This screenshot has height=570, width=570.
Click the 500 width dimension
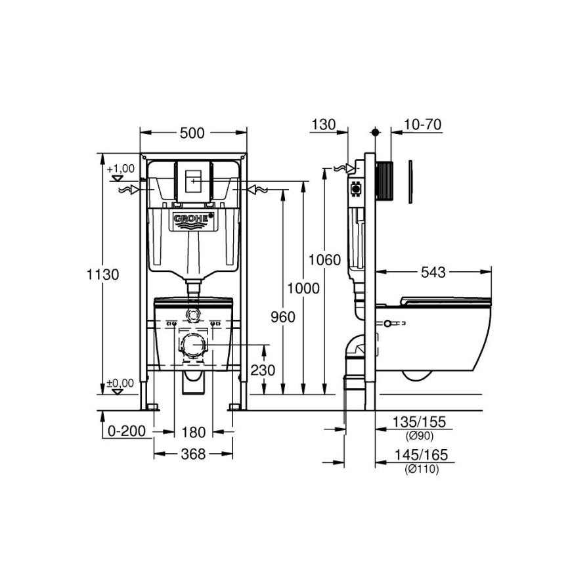point(192,133)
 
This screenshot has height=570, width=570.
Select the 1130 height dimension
point(102,274)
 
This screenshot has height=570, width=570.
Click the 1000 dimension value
point(303,288)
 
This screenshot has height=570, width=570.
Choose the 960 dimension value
point(282,317)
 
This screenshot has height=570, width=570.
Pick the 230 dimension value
point(263,370)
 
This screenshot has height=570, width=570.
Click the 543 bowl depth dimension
point(435,272)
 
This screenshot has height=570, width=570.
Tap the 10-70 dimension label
point(423,125)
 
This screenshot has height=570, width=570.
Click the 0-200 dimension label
point(126,432)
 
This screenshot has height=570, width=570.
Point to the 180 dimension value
point(193,432)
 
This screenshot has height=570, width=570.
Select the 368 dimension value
point(193,454)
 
